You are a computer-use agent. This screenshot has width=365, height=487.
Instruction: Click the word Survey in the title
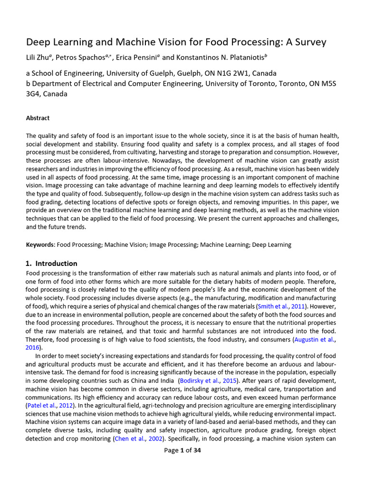308,42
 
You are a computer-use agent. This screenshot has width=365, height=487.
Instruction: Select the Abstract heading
38,118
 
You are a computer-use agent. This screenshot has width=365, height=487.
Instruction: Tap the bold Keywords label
40,244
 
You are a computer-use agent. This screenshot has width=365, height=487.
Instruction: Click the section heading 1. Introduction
51,263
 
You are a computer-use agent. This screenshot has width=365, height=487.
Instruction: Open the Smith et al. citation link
274,307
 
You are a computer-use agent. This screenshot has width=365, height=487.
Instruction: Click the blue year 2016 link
32,348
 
